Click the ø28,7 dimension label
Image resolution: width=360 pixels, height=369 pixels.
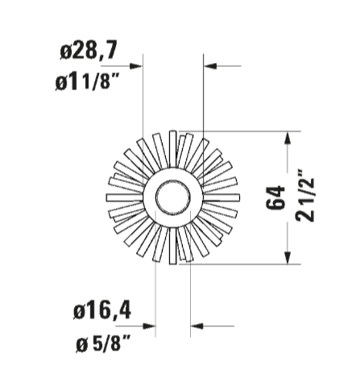click(89, 51)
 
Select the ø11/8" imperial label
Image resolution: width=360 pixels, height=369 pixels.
click(87, 81)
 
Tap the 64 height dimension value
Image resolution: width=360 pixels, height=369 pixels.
click(275, 197)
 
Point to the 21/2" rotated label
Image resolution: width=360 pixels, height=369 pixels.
click(304, 195)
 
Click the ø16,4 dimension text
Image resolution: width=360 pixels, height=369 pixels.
click(102, 311)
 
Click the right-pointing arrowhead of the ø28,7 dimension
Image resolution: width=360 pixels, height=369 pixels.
click(136, 66)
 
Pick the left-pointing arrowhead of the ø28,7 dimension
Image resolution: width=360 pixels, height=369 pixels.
click(210, 66)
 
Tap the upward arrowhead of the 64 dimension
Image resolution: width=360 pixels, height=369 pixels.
click(288, 138)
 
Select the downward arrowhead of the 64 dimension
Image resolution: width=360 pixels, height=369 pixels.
click(288, 258)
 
